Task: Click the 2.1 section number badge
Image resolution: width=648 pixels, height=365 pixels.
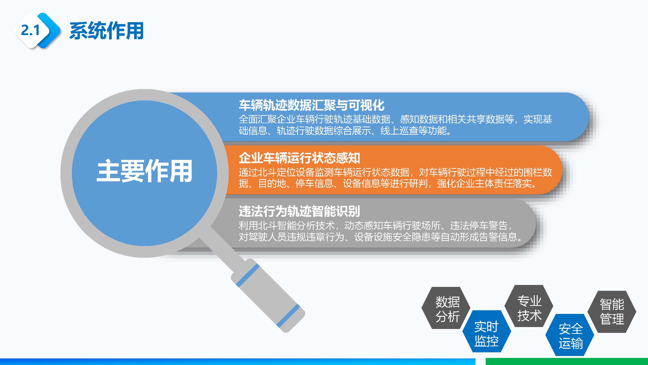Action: pyautogui.click(x=30, y=30)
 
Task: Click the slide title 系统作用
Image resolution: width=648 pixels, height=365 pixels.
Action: pyautogui.click(x=106, y=31)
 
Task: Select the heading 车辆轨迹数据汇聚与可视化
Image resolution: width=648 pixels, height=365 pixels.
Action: pyautogui.click(x=311, y=105)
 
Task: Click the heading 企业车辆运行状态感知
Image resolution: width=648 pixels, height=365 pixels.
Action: pyautogui.click(x=299, y=158)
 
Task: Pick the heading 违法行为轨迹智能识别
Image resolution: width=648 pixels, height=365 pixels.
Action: pyautogui.click(x=299, y=211)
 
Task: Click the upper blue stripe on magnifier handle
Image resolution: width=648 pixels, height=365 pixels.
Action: pyautogui.click(x=248, y=275)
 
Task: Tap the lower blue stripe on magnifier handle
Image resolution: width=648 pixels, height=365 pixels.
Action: pyautogui.click(x=289, y=316)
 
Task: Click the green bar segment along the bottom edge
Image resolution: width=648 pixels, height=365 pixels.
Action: pyautogui.click(x=566, y=362)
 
